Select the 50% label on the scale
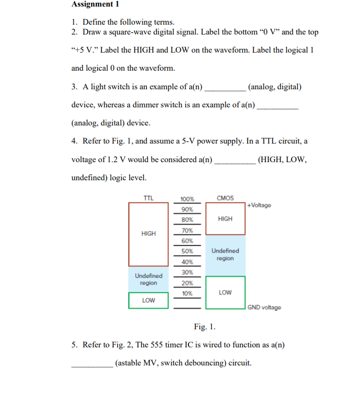pyautogui.click(x=187, y=251)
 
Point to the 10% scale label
pyautogui.click(x=187, y=293)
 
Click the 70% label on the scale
pyautogui.click(x=187, y=230)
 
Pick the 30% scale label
pyautogui.click(x=187, y=272)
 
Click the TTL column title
pyautogui.click(x=148, y=197)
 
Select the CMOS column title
pyautogui.click(x=225, y=198)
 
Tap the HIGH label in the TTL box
pyautogui.click(x=148, y=233)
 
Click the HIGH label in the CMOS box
pyautogui.click(x=225, y=219)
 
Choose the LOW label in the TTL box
pyautogui.click(x=148, y=300)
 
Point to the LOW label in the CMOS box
pyautogui.click(x=225, y=293)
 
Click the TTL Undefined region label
pyautogui.click(x=148, y=279)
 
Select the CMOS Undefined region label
pyautogui.click(x=225, y=254)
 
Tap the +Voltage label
pyautogui.click(x=259, y=205)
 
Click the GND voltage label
pyautogui.click(x=264, y=307)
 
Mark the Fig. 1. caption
pyautogui.click(x=205, y=327)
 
